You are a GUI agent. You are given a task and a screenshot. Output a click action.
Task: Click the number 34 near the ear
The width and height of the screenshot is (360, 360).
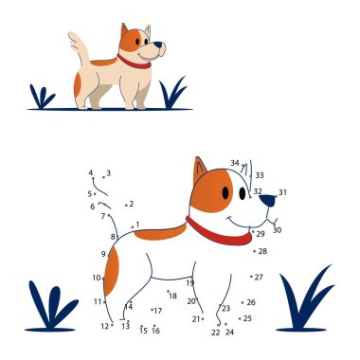point(235,163)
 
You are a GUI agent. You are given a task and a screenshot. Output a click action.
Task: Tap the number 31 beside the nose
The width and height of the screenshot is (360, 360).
point(282,192)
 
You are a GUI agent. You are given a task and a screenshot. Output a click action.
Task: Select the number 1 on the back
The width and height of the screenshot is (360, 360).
point(137,225)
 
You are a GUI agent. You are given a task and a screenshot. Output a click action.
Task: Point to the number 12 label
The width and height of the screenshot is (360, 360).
point(105,326)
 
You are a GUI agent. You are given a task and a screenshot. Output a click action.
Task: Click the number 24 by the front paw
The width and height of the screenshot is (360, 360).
point(229,332)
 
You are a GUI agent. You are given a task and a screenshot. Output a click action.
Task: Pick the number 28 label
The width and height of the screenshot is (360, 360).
point(262,251)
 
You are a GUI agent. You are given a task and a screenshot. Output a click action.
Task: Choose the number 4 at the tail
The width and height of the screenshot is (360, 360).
point(91,172)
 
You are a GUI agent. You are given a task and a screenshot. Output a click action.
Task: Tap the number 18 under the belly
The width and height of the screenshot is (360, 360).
point(172,296)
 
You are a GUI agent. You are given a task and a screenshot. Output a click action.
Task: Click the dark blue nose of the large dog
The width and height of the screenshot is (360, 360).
point(267,200)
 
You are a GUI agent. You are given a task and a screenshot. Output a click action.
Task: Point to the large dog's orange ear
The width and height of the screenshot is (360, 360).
point(199,170)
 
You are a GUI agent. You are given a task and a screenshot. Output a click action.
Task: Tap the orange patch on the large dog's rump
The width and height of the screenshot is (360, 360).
point(111,272)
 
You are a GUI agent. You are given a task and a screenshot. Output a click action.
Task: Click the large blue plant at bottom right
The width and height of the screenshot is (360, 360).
point(306,300)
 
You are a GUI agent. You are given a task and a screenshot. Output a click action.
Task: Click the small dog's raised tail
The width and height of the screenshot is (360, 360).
point(80,47)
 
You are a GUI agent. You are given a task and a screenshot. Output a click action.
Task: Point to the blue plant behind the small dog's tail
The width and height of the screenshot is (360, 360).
point(42,98)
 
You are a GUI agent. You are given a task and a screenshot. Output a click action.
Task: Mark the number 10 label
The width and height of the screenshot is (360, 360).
point(97,278)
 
